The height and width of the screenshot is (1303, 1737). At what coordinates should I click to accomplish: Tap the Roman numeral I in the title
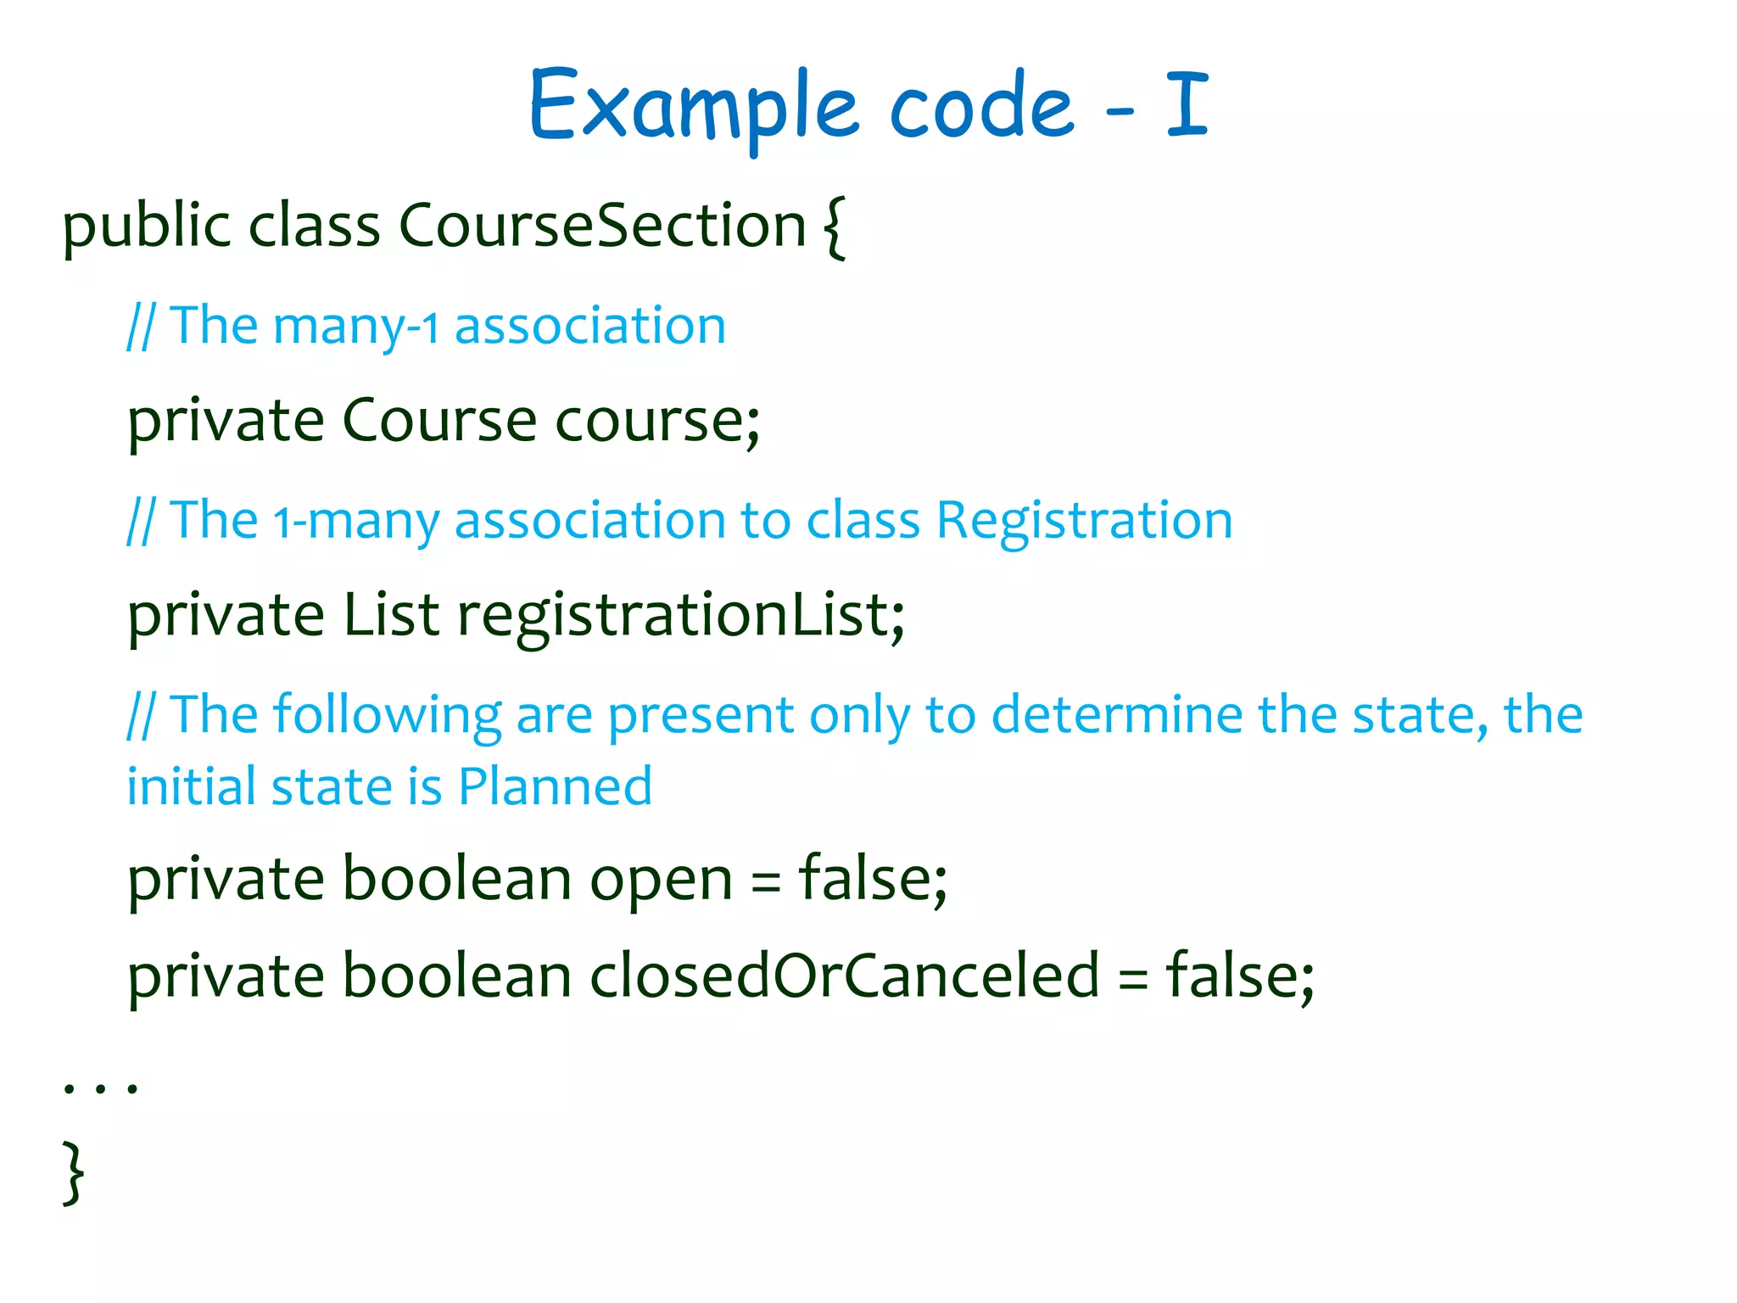coord(1187,105)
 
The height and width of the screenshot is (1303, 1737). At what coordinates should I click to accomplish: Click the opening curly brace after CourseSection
coord(835,227)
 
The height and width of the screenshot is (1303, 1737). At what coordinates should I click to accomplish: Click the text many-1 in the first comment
coord(356,327)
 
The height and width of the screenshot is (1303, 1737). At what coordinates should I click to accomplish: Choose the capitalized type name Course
coord(439,421)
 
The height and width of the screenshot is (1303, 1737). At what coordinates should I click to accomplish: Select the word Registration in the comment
coord(1084,520)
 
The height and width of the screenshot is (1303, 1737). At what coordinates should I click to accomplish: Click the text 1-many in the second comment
coord(356,522)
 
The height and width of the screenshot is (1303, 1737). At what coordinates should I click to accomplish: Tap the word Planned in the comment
coord(555,786)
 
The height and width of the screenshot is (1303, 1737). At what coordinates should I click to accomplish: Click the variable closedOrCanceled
coord(844,976)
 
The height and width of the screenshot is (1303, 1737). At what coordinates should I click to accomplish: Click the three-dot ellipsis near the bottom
coord(100,1087)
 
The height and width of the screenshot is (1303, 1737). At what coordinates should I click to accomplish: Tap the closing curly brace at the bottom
coord(74,1173)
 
